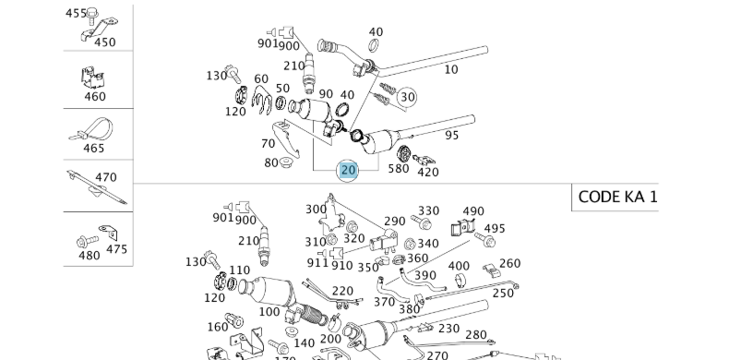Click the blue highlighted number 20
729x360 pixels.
coord(348,170)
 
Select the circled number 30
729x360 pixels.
coord(407,97)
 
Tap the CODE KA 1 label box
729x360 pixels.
coord(617,197)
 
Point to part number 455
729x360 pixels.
coord(76,14)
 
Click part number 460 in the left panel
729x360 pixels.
coord(95,96)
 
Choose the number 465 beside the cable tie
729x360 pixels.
coord(94,148)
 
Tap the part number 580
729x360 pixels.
coord(399,169)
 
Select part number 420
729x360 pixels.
coord(428,171)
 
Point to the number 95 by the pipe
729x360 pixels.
coord(452,136)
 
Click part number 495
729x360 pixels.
coord(495,229)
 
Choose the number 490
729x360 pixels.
coord(473,212)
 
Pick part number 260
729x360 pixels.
coord(510,263)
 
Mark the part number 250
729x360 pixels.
coord(503,293)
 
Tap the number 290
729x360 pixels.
coord(394,222)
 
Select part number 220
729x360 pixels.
coord(342,291)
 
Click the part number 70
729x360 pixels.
coord(269,144)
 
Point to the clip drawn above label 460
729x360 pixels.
coord(94,77)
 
